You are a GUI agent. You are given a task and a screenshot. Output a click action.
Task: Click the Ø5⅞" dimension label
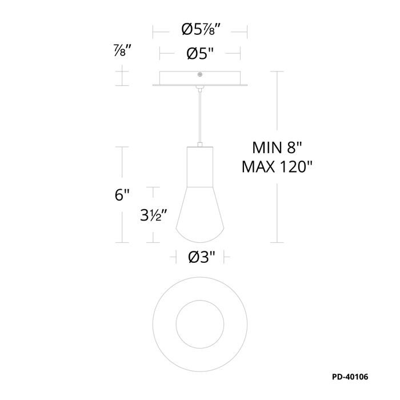(x=201, y=30)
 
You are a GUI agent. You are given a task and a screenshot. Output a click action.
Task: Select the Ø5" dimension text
(x=200, y=54)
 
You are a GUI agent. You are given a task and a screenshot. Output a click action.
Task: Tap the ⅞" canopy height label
(x=122, y=50)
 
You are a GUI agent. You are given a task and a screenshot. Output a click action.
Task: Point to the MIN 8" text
(x=277, y=147)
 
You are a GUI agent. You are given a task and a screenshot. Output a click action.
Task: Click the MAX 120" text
(x=277, y=167)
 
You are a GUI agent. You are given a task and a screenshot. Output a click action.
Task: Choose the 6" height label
(x=122, y=195)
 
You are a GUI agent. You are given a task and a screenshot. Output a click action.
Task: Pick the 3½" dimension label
(x=154, y=215)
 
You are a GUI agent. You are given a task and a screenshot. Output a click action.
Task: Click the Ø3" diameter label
(x=202, y=257)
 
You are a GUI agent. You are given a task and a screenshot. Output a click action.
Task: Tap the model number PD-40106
(x=350, y=377)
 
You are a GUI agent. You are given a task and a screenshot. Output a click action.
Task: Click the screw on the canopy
(x=200, y=74)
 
